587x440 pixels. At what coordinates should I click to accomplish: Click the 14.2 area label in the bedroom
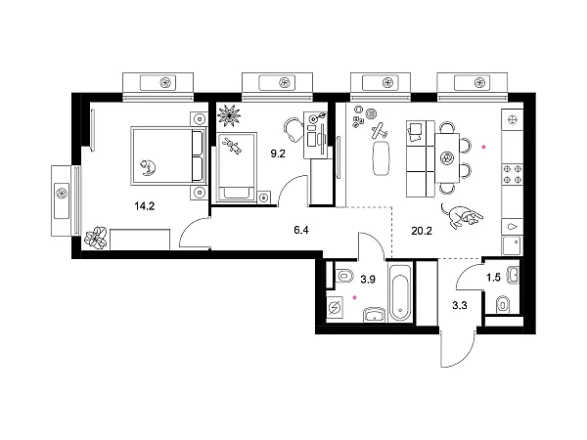145,205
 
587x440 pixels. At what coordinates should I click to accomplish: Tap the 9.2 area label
278,154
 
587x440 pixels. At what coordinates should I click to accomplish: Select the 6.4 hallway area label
301,230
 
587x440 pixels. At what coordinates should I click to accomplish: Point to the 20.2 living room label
422,231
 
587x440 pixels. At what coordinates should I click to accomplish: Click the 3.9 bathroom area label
368,279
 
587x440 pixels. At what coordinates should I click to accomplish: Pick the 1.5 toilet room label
493,278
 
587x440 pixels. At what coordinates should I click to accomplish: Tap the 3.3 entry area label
460,306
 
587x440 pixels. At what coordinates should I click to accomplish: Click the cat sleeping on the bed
148,167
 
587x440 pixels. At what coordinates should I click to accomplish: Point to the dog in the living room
462,215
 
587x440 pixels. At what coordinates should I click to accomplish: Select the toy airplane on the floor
380,130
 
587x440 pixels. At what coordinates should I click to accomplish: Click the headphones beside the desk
293,129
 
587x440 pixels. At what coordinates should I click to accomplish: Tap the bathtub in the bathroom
400,292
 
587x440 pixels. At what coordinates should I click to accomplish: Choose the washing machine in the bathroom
335,307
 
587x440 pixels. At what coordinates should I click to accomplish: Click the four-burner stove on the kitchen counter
512,174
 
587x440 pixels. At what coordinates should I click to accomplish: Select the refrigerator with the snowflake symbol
512,119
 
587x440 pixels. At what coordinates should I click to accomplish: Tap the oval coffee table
382,157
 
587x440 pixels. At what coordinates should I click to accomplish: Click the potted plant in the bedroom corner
96,238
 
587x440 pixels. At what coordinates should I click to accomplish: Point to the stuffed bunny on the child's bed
232,145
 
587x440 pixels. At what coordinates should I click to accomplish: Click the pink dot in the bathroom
355,298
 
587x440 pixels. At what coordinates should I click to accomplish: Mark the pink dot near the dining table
483,147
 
